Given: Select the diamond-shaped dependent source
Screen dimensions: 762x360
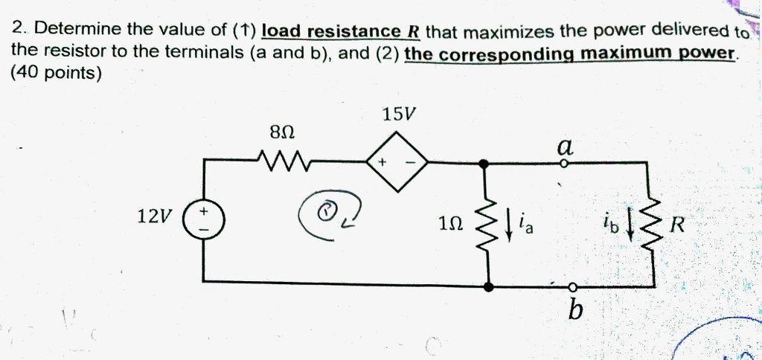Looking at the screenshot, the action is [x=397, y=162].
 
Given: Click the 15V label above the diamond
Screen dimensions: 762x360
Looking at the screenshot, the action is [x=400, y=115].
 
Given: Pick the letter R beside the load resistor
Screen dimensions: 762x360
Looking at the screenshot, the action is [x=677, y=225].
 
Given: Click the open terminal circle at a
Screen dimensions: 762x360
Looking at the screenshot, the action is [x=564, y=164].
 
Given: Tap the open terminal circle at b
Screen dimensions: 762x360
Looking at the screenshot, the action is [x=574, y=286].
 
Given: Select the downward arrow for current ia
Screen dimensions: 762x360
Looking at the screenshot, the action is [x=509, y=225].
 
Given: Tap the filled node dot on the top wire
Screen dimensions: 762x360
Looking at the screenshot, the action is [x=483, y=164].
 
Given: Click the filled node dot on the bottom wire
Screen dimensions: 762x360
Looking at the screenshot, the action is [x=490, y=286].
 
